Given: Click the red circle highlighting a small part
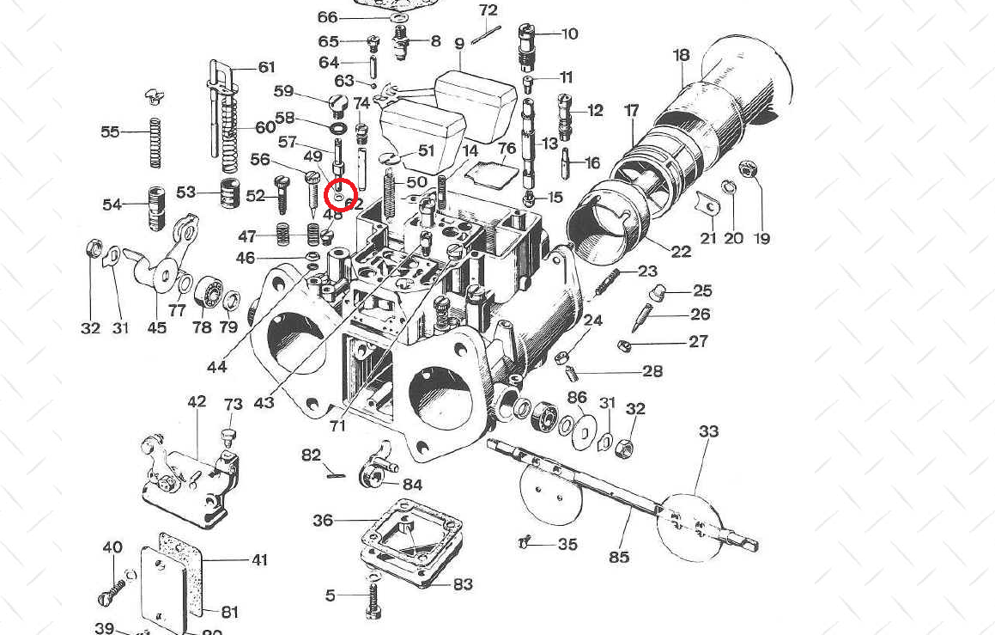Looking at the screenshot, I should [341, 196].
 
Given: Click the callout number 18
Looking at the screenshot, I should [682, 56].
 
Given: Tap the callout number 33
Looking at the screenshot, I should [708, 431].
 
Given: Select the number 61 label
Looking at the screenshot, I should [266, 68].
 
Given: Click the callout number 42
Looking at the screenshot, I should [197, 401].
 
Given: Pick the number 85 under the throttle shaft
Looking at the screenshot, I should [619, 557].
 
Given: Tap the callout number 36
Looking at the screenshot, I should [323, 521].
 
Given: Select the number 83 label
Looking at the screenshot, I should [463, 584].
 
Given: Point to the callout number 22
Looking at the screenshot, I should [681, 252].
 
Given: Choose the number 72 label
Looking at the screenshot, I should [488, 10].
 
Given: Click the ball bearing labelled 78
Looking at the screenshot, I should [206, 295].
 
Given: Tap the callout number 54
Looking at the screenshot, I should [112, 205].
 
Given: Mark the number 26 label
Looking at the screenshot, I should [701, 314].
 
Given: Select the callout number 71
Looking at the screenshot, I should [337, 426].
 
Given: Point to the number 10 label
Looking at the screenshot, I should [570, 34].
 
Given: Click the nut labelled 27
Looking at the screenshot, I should [625, 345].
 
